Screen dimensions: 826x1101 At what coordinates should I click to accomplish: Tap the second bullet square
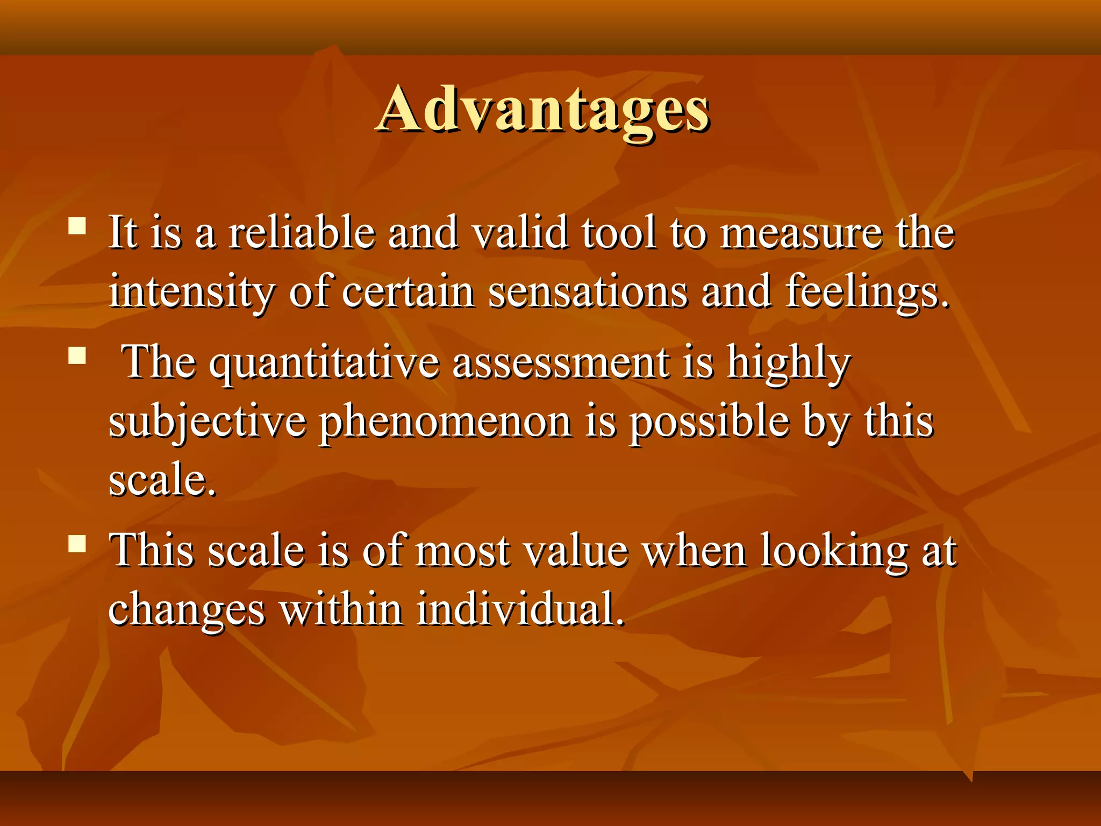pos(77,355)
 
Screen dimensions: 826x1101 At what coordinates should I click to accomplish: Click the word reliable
pos(302,232)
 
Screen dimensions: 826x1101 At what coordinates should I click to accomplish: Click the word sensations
pos(588,292)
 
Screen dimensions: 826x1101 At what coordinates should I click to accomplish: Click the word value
pos(576,551)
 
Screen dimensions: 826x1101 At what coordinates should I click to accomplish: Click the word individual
pos(520,609)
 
